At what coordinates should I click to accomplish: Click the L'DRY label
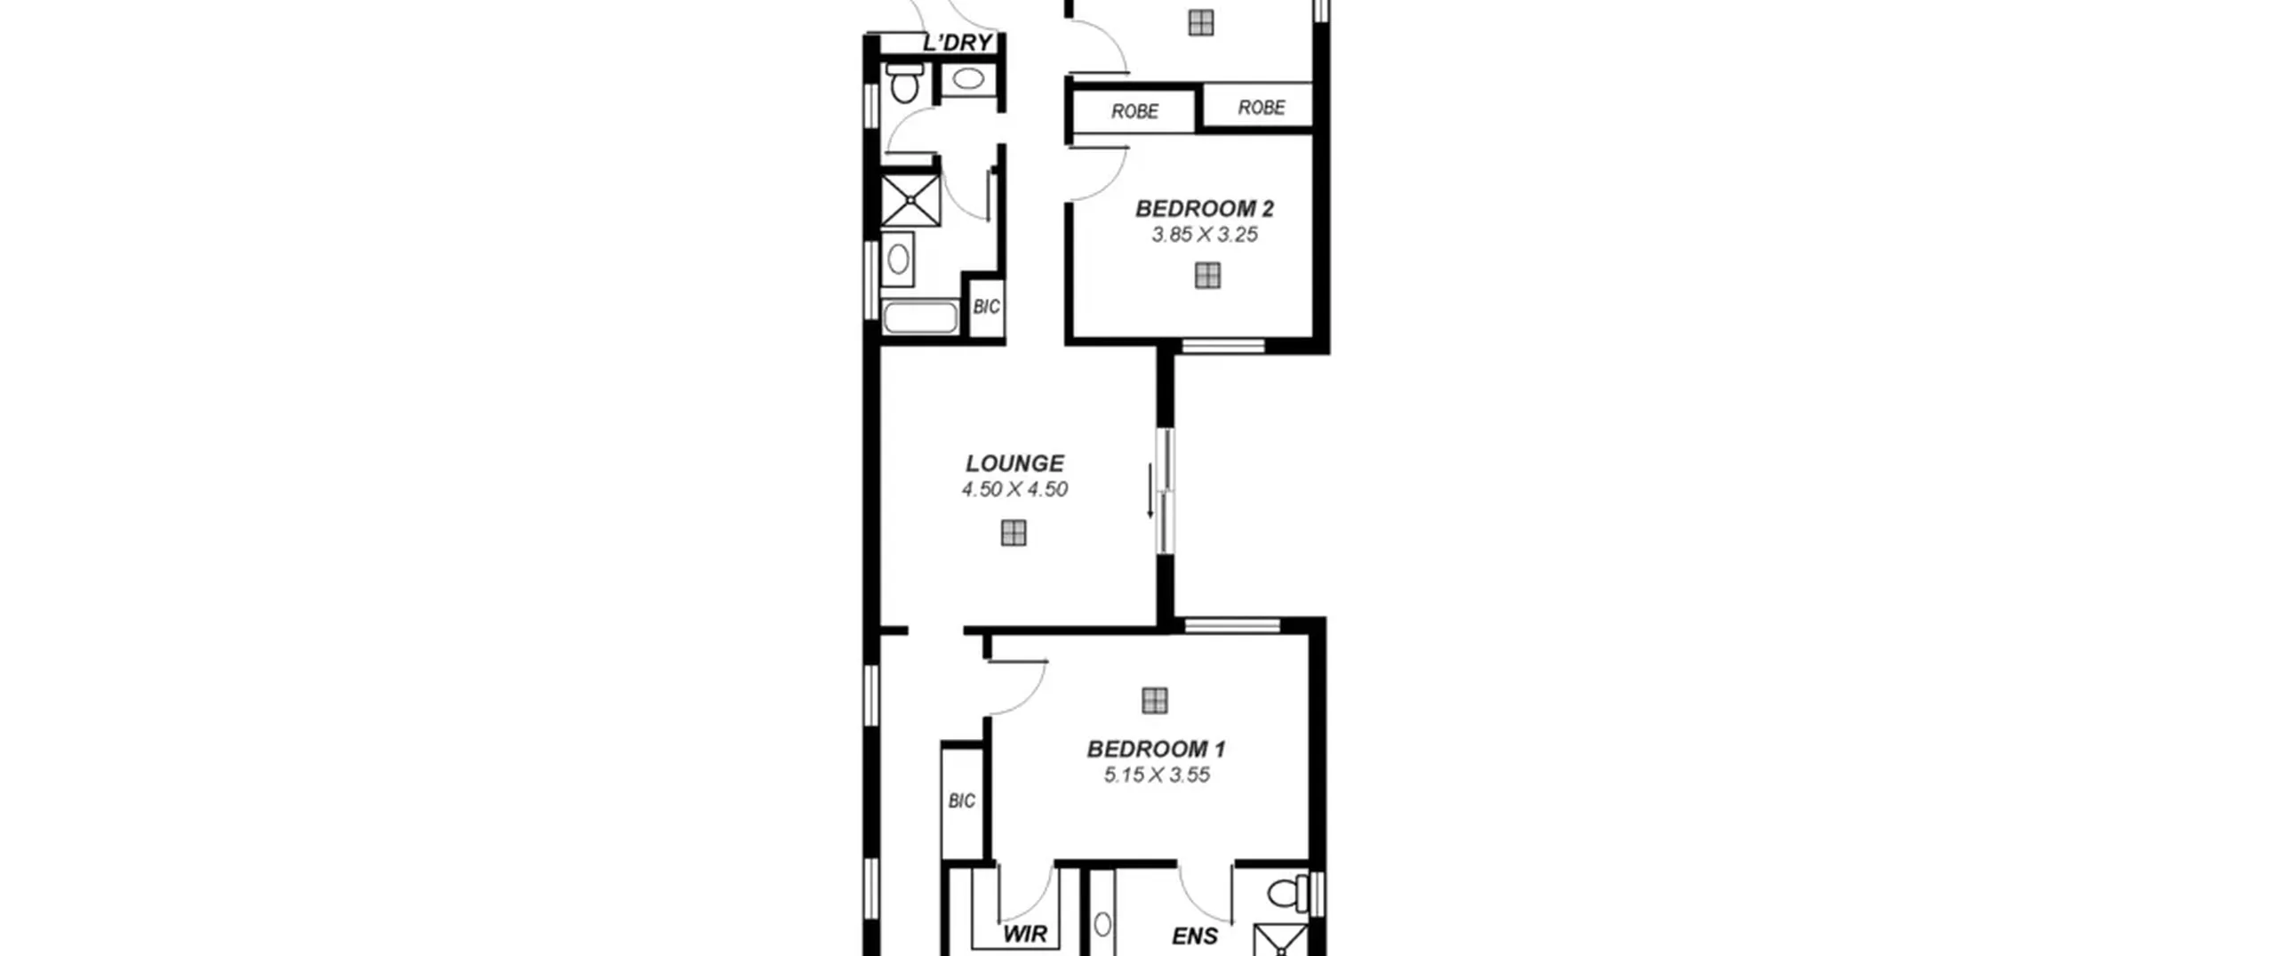point(958,43)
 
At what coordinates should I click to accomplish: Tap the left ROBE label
point(1135,111)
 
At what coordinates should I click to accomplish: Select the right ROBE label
point(1262,108)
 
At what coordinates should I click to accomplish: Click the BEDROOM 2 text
point(1205,209)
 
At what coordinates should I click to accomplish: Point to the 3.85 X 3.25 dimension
point(1205,235)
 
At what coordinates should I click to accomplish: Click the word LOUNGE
point(1014,463)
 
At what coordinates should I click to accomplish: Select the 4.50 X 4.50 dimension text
point(1014,489)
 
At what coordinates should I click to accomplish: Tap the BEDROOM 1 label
point(1157,749)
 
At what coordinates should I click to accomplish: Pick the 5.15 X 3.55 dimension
point(1157,775)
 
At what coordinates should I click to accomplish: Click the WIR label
point(1025,934)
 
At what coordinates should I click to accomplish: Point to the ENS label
point(1195,936)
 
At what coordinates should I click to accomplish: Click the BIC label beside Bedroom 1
point(962,801)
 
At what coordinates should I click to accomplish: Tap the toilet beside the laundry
point(904,83)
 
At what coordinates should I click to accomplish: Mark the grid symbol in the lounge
point(1014,533)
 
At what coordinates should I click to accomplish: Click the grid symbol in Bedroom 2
point(1207,276)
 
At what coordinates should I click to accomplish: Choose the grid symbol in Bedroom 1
point(1154,701)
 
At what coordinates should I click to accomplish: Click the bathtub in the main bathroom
point(920,317)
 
